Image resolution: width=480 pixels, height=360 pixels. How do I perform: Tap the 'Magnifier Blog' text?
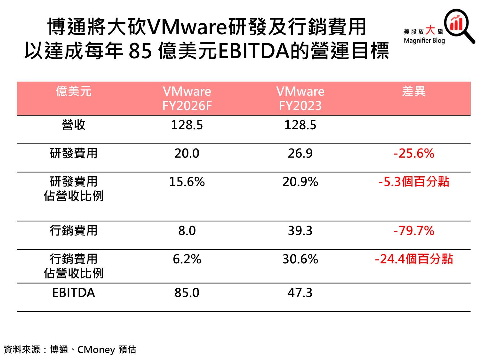(x=424, y=41)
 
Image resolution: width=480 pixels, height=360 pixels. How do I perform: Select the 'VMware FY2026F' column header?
(x=187, y=99)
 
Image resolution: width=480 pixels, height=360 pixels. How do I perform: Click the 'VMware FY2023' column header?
(x=300, y=99)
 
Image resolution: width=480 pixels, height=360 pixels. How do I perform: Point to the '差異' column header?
(x=414, y=92)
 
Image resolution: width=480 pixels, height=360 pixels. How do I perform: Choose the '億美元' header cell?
(x=74, y=92)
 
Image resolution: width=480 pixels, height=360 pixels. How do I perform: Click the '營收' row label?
(x=74, y=125)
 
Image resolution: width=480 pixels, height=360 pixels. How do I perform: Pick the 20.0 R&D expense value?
(x=187, y=153)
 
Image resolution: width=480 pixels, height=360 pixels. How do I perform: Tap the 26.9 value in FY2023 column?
(x=300, y=153)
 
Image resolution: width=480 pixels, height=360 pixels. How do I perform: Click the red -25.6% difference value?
(x=414, y=153)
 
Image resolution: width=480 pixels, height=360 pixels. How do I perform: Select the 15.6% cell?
(x=187, y=182)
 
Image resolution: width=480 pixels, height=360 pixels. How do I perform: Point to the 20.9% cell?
(x=300, y=182)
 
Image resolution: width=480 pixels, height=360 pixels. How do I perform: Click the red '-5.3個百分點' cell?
(x=414, y=182)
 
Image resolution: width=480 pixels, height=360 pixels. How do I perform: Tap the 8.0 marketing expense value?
(x=187, y=230)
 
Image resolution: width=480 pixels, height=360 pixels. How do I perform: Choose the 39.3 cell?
(x=300, y=230)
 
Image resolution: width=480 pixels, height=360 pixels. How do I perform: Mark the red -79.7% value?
(x=414, y=230)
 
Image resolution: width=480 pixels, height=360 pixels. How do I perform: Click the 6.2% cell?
(x=187, y=259)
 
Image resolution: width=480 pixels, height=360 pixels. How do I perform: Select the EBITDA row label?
(x=74, y=292)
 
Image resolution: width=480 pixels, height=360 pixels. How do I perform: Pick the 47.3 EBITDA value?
(x=300, y=292)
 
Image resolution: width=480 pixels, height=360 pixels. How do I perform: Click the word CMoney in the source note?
(x=96, y=349)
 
